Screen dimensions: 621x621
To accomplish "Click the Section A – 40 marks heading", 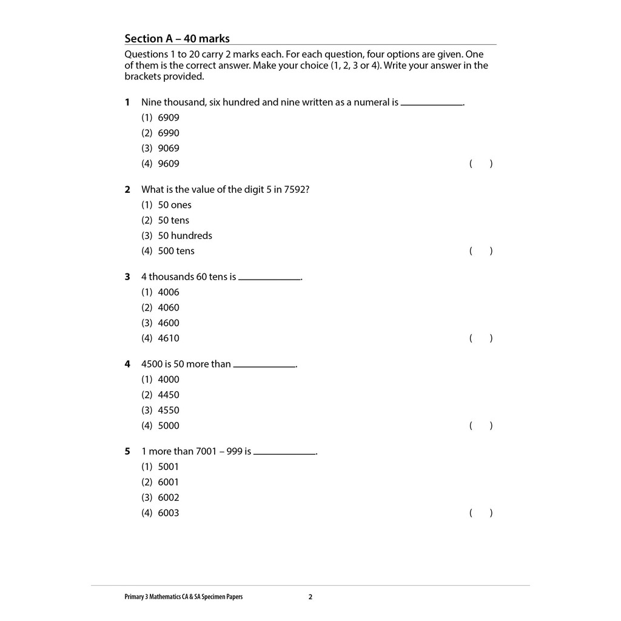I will tap(177, 39).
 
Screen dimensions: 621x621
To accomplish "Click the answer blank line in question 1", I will tap(432, 104).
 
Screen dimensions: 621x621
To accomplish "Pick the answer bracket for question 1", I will tap(481, 164).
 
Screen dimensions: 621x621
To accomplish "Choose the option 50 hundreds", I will tap(185, 236).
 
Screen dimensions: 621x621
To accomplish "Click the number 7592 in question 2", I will tap(295, 190).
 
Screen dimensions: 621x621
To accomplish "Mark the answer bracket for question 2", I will tap(481, 251).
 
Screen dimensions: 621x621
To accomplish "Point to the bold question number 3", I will tap(127, 277).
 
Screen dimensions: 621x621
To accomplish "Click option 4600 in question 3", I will tap(169, 323).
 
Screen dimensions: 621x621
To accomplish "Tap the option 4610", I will tap(169, 338).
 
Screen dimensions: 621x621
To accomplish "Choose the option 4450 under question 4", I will tap(169, 395).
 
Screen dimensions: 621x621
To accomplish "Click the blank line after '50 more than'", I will tap(264, 366).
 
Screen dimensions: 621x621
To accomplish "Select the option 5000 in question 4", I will tap(169, 426).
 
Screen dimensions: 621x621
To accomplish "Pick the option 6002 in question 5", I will tap(169, 498).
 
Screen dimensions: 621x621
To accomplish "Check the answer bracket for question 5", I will tap(481, 513).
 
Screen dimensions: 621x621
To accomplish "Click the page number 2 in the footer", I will tap(310, 597).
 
